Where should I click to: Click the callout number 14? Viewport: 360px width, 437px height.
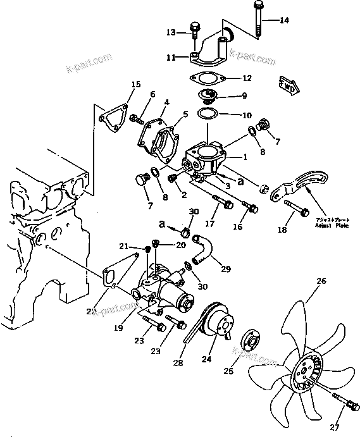284,20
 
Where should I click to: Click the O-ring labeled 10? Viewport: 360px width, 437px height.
206,114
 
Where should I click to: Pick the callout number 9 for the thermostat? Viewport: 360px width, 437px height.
244,96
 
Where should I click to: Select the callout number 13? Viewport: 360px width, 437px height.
170,32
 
